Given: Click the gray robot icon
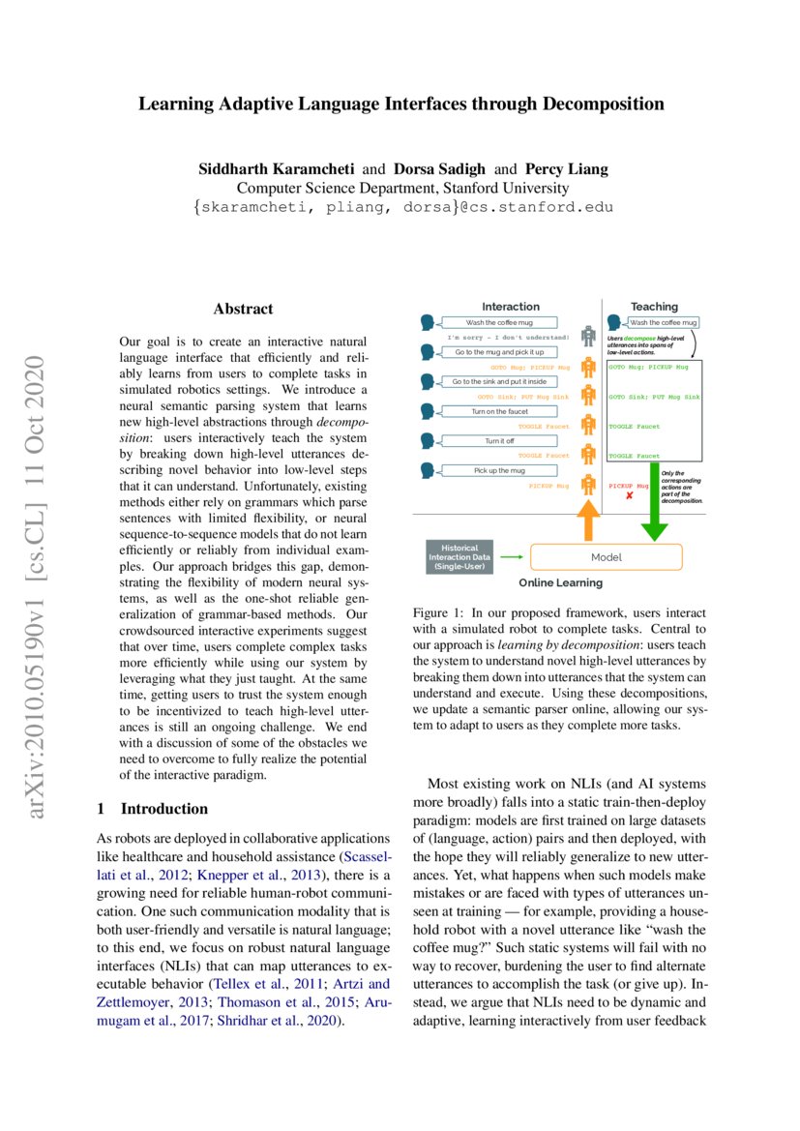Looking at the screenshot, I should (x=586, y=337).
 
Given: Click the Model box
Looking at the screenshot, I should (x=607, y=557).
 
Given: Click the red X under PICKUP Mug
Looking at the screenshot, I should (x=629, y=496).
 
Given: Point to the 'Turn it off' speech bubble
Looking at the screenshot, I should (x=499, y=441).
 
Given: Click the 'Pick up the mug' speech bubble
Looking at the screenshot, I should (x=499, y=470).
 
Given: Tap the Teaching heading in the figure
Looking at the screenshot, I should (x=654, y=306).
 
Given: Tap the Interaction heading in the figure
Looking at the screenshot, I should (x=511, y=306).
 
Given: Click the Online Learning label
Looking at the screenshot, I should (x=560, y=583).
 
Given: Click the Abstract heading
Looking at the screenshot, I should (x=243, y=310).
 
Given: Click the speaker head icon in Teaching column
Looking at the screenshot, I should (x=613, y=322).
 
